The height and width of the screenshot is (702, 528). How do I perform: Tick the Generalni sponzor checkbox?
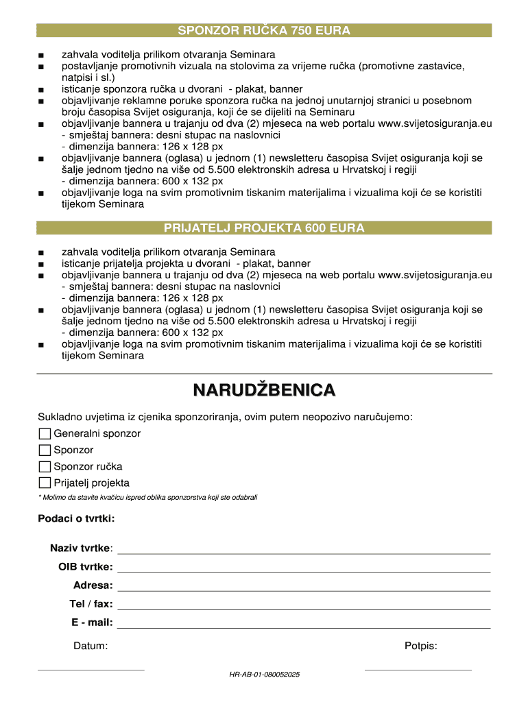[x=45, y=433]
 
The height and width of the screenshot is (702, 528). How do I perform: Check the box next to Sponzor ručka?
[x=45, y=466]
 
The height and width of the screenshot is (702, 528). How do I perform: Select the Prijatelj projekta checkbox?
[x=45, y=483]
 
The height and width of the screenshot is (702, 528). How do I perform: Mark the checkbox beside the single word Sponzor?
[x=45, y=450]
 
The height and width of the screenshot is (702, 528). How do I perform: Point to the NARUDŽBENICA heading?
[x=264, y=391]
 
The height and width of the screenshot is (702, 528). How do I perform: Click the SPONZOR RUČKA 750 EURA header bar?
[x=264, y=31]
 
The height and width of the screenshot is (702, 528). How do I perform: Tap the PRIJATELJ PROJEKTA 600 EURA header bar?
[x=264, y=228]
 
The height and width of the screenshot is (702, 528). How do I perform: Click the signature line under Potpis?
[x=418, y=669]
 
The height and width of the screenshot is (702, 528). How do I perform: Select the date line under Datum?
[x=91, y=669]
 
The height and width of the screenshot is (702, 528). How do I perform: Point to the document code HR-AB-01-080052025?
[x=265, y=675]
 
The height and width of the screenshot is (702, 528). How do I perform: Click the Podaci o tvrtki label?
[x=76, y=518]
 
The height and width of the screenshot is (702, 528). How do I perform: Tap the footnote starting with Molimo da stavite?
[x=147, y=497]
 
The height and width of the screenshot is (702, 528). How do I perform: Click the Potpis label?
[x=421, y=646]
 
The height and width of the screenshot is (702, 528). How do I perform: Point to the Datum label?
[x=91, y=646]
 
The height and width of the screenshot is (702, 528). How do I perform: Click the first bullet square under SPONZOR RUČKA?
[x=42, y=55]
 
